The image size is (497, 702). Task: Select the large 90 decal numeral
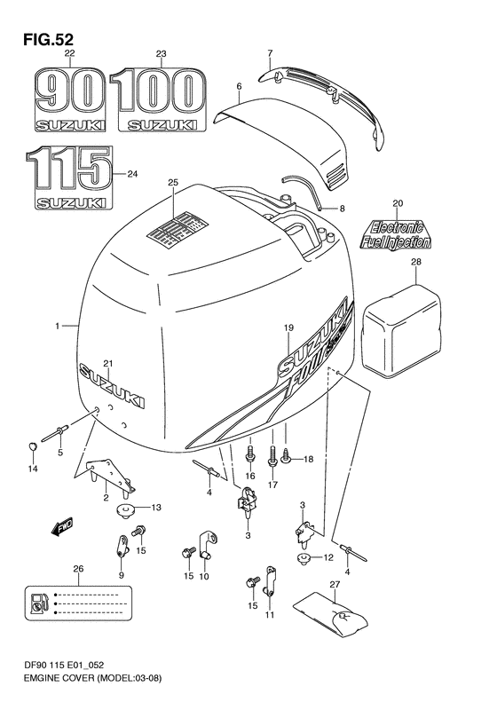[x=70, y=91]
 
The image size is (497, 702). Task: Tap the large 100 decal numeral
[x=160, y=91]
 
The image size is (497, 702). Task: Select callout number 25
[x=173, y=183]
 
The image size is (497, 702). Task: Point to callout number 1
[x=57, y=327]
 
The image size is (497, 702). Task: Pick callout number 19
[x=288, y=328]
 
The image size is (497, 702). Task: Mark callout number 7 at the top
[x=270, y=55]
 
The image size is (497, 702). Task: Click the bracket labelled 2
[x=110, y=476]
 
